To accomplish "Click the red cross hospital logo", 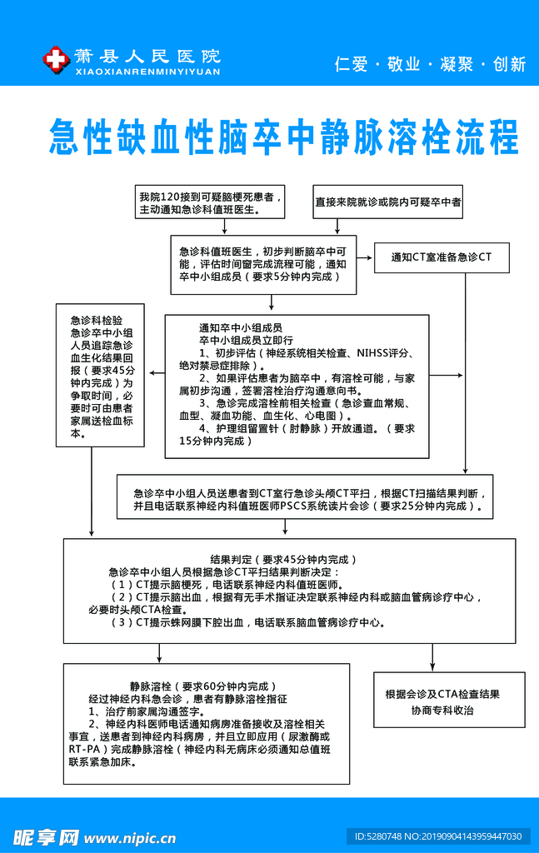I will [55, 59].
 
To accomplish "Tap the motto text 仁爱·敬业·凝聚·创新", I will [430, 64].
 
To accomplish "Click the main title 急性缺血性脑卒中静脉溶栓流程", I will [283, 137].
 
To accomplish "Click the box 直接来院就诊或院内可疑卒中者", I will [388, 202].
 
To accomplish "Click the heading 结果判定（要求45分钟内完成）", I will [283, 559].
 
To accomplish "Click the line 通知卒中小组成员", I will [240, 327].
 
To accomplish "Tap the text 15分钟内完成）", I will [216, 441].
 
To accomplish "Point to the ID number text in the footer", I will [438, 836].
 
